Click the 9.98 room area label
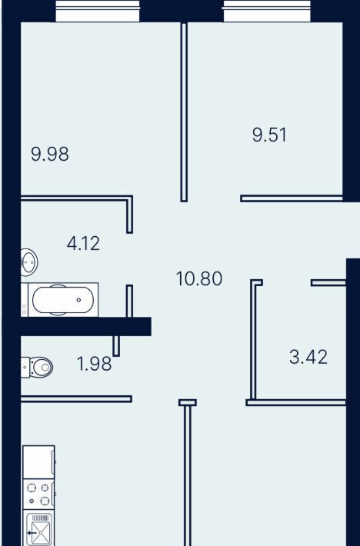pos(50,154)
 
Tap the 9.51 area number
pos(270,135)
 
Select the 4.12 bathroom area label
pos(83,244)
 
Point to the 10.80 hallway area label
pos(199,279)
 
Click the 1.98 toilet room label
pos(94,365)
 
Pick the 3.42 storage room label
pos(308,358)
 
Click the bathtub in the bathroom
pos(59,300)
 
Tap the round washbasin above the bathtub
pos(29,262)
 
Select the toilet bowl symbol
pos(41,367)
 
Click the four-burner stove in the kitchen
pos(38,494)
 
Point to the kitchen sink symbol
pos(38,528)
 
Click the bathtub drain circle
pos(79,300)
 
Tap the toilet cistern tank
pos(25,367)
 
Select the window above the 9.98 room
pos(98,11)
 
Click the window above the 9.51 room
pos(267,11)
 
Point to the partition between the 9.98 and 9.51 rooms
pos(184,112)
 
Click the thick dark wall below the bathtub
pos(86,327)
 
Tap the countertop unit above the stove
pos(38,461)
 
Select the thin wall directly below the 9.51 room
pos(292,198)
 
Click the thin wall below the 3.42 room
pos(296,402)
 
